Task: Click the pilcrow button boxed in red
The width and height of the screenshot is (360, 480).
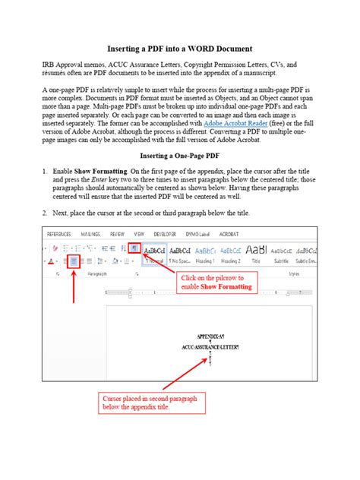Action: (x=134, y=248)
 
